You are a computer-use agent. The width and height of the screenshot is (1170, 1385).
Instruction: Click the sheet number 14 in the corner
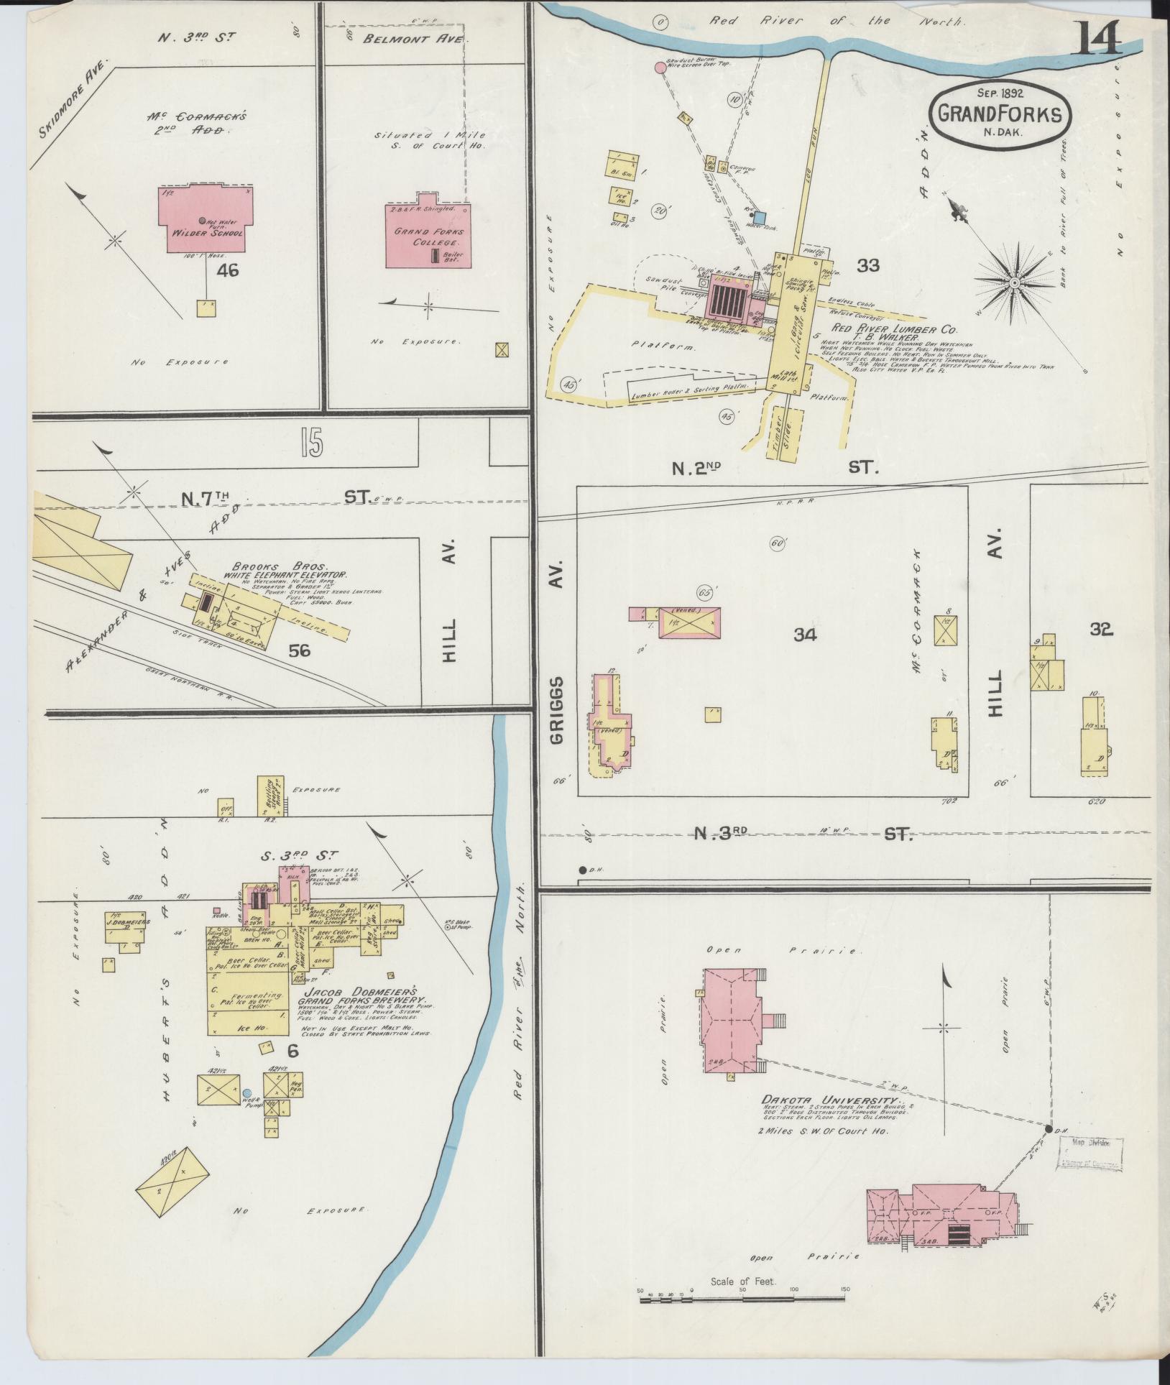point(1097,37)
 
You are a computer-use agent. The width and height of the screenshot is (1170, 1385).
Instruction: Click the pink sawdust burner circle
point(660,68)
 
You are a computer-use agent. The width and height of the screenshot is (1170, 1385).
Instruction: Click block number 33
point(868,266)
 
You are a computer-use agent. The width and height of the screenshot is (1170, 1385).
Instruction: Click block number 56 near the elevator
point(299,651)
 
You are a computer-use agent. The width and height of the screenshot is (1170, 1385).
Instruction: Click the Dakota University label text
point(831,1121)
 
